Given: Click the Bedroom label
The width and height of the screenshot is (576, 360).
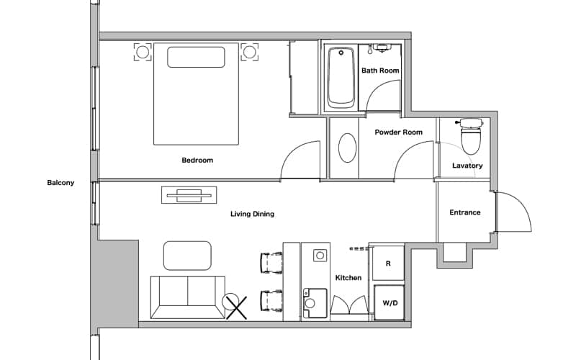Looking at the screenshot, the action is (197, 160).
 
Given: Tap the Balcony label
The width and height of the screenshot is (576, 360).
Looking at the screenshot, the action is (60, 183).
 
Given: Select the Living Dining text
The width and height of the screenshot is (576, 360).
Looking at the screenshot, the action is (253, 214).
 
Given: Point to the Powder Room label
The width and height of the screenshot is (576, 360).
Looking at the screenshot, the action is (399, 132).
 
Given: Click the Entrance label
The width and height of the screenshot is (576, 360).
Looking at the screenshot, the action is (465, 212).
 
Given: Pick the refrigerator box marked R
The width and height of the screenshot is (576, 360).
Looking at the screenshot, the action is (388, 264).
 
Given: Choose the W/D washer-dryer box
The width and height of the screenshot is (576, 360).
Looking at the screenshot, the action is (390, 303).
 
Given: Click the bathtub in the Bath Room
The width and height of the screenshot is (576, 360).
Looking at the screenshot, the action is (341, 78).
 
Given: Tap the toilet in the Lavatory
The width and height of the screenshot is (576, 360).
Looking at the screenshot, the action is (471, 136).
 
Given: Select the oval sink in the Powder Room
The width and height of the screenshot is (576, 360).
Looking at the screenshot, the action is (347, 148).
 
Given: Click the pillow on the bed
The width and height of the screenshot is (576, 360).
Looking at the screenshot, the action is (196, 57).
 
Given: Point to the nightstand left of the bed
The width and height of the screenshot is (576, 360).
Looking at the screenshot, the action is (143, 52).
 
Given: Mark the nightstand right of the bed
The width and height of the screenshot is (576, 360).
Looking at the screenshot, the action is (249, 52).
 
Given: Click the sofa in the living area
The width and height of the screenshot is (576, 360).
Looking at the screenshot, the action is (188, 297).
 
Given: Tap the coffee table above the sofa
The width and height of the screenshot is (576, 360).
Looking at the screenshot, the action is (187, 256).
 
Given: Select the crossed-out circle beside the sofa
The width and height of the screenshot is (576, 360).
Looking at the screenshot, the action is (235, 306).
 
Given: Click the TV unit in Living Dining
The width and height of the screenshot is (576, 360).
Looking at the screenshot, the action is (189, 195).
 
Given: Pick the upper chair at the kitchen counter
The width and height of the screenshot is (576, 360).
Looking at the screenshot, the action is (271, 263).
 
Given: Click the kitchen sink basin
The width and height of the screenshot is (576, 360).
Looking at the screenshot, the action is (315, 303).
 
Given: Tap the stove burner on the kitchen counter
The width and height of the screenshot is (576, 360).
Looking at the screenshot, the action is (320, 256).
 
